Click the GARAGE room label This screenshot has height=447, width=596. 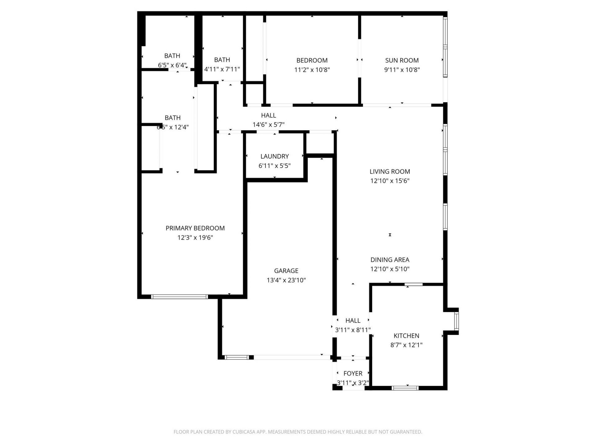tap(286, 271)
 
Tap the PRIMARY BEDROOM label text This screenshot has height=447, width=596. tap(195, 228)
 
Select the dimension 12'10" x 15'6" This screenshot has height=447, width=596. tap(390, 181)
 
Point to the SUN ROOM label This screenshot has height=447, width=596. tap(402, 60)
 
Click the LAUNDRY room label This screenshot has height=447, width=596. tap(274, 156)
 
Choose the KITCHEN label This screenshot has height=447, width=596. tap(406, 336)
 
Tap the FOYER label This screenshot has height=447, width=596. tap(353, 373)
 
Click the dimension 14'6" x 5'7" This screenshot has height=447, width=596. tap(268, 125)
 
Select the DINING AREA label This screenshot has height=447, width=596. tap(390, 260)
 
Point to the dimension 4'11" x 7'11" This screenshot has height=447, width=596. tap(222, 69)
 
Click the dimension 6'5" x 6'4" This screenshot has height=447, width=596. tap(172, 65)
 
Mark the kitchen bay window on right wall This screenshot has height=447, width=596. tap(456, 321)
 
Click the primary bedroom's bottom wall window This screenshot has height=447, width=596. tap(179, 297)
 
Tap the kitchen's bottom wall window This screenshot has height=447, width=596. tap(405, 388)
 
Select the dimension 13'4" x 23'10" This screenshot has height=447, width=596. tap(286, 280)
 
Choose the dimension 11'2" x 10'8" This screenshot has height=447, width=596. tap(312, 70)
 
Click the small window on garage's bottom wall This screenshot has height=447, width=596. tap(237, 357)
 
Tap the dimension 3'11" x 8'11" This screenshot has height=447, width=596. tap(353, 330)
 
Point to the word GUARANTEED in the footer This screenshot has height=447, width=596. tap(406, 432)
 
